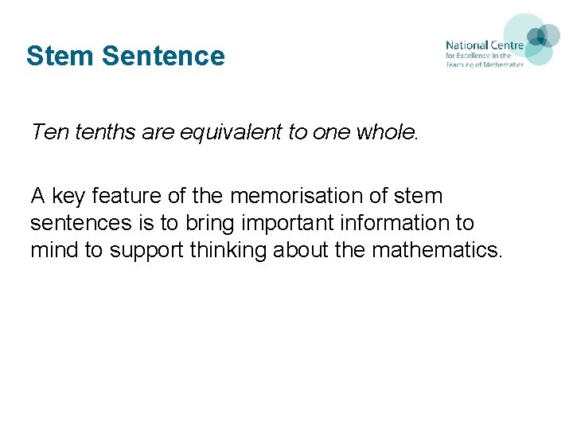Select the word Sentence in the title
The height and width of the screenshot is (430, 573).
pos(163,56)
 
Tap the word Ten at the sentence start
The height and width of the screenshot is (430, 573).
pos(49,131)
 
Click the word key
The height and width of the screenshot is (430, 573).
pos(68,196)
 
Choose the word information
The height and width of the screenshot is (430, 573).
pos(405,223)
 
